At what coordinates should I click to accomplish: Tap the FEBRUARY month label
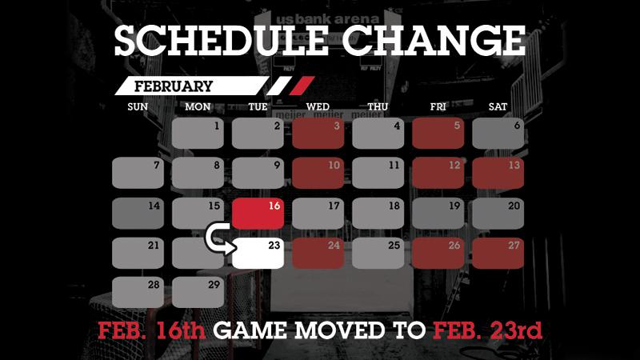pyautogui.click(x=174, y=86)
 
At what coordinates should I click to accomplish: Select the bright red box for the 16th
pyautogui.click(x=258, y=213)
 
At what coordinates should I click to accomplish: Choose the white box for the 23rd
pyautogui.click(x=258, y=252)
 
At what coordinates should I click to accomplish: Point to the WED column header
pyautogui.click(x=318, y=106)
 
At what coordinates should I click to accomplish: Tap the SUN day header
pyautogui.click(x=138, y=106)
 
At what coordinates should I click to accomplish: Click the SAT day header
pyautogui.click(x=498, y=106)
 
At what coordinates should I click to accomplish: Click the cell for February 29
pyautogui.click(x=198, y=291)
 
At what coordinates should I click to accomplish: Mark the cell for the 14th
pyautogui.click(x=138, y=213)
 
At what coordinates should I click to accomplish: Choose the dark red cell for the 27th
pyautogui.click(x=498, y=252)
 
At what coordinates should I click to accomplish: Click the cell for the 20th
pyautogui.click(x=498, y=213)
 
